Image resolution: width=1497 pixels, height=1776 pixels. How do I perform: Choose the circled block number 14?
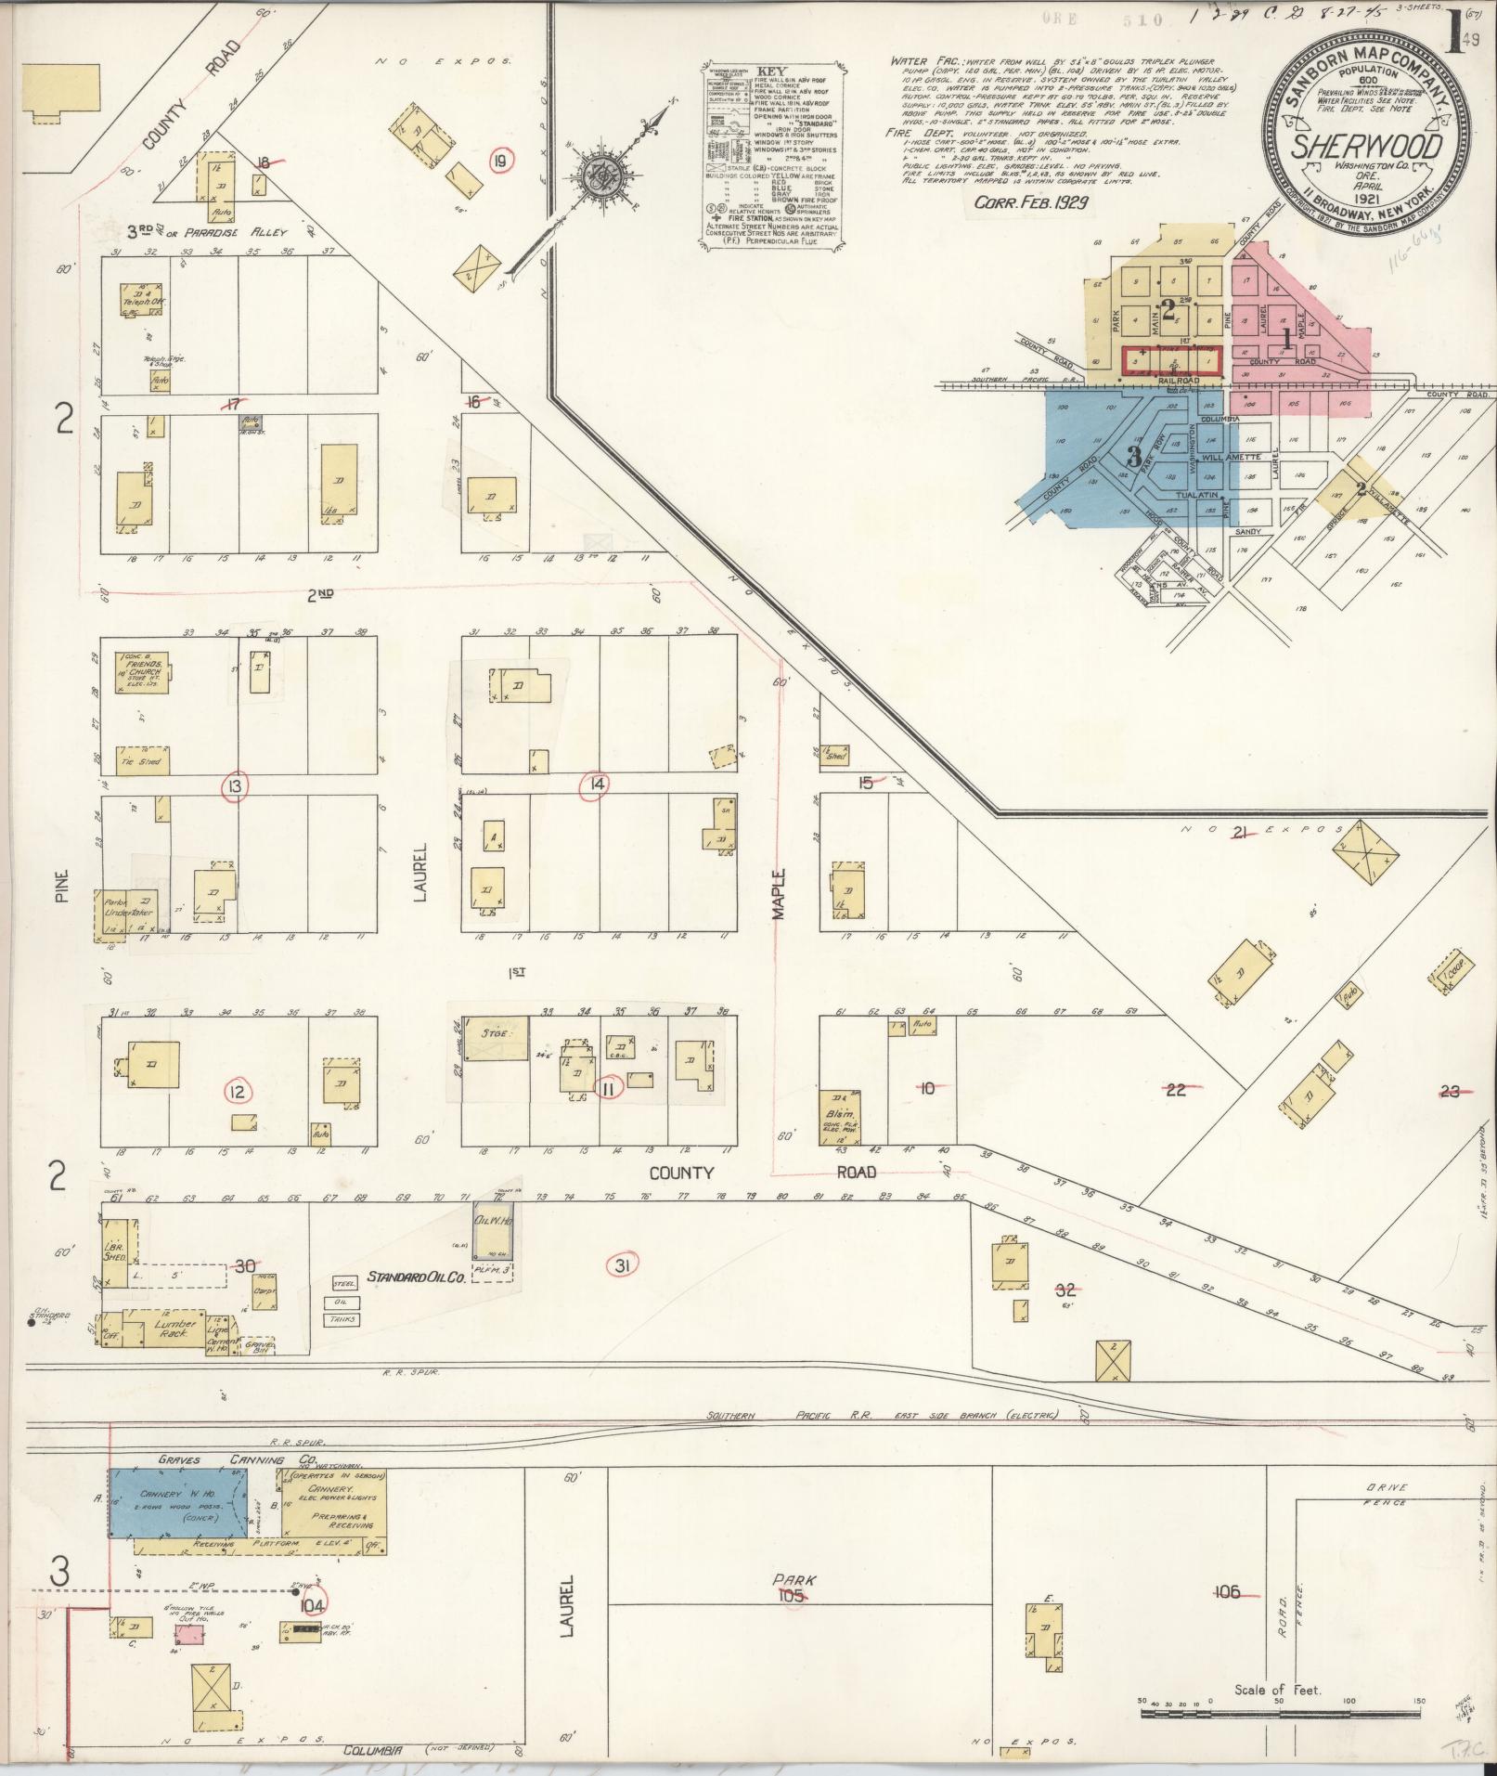coord(593,785)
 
